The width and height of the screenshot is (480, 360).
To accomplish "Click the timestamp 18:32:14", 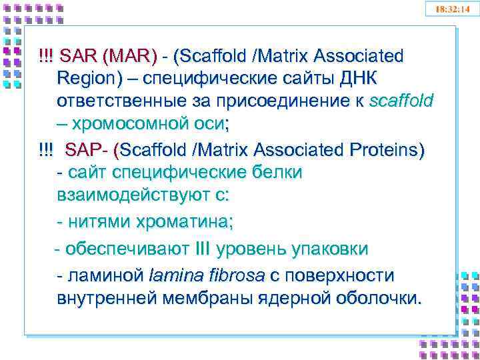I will click(452, 9).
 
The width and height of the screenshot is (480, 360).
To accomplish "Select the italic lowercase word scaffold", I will click(400, 101).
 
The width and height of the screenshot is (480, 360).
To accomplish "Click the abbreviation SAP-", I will click(87, 149).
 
